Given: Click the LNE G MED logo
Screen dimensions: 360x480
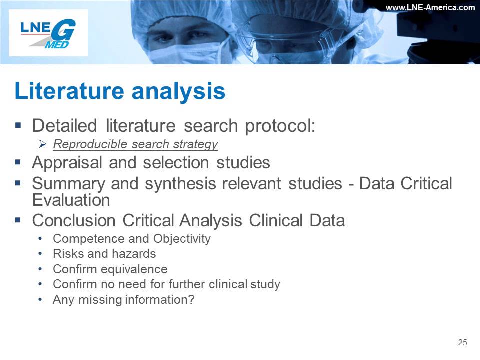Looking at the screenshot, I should pyautogui.click(x=48, y=33).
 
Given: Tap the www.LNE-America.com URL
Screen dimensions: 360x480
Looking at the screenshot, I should pyautogui.click(x=430, y=7).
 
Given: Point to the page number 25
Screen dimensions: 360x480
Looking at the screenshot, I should pyautogui.click(x=462, y=342).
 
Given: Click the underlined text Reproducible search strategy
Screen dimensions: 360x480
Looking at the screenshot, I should pyautogui.click(x=135, y=144).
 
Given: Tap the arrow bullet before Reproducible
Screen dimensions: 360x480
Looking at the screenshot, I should pyautogui.click(x=43, y=144).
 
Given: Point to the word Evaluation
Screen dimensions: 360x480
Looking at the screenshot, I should pyautogui.click(x=71, y=200).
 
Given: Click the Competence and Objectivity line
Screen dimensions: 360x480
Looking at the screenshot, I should pyautogui.click(x=132, y=239).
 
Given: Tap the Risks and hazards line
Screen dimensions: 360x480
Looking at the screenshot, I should pyautogui.click(x=104, y=254).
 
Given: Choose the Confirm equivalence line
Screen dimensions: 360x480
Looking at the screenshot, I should pyautogui.click(x=110, y=269).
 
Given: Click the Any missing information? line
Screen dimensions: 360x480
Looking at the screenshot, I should pyautogui.click(x=123, y=300).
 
